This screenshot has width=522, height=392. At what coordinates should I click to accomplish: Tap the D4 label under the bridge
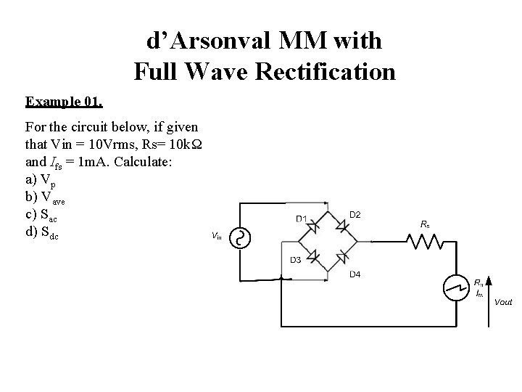point(356,274)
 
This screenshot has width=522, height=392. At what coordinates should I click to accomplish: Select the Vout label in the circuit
point(502,301)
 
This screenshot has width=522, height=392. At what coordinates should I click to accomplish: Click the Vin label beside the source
point(216,236)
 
